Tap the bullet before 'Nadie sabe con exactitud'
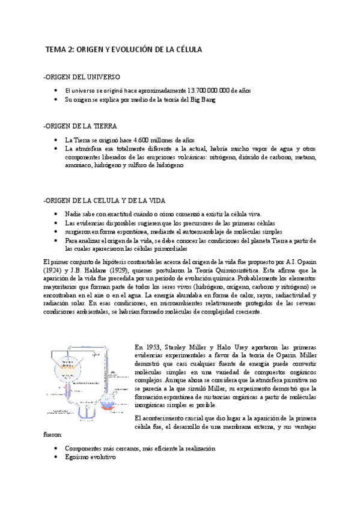pos(55,214)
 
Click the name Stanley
pos(184,346)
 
